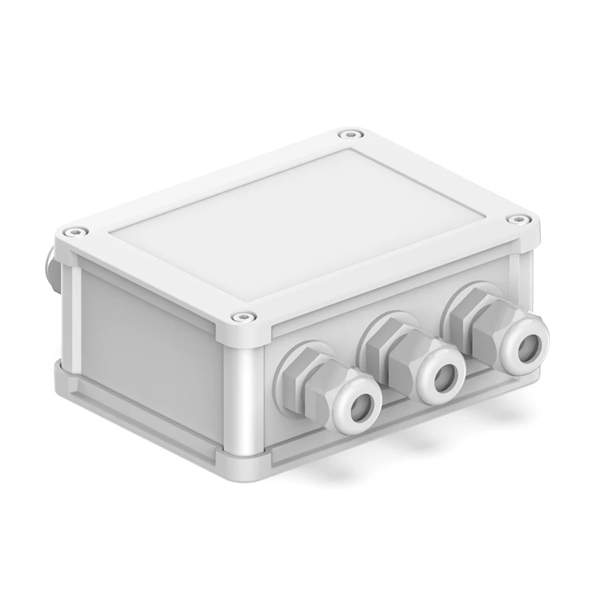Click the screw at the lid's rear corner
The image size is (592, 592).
click(x=347, y=135)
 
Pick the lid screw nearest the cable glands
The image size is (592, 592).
click(x=240, y=317)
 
